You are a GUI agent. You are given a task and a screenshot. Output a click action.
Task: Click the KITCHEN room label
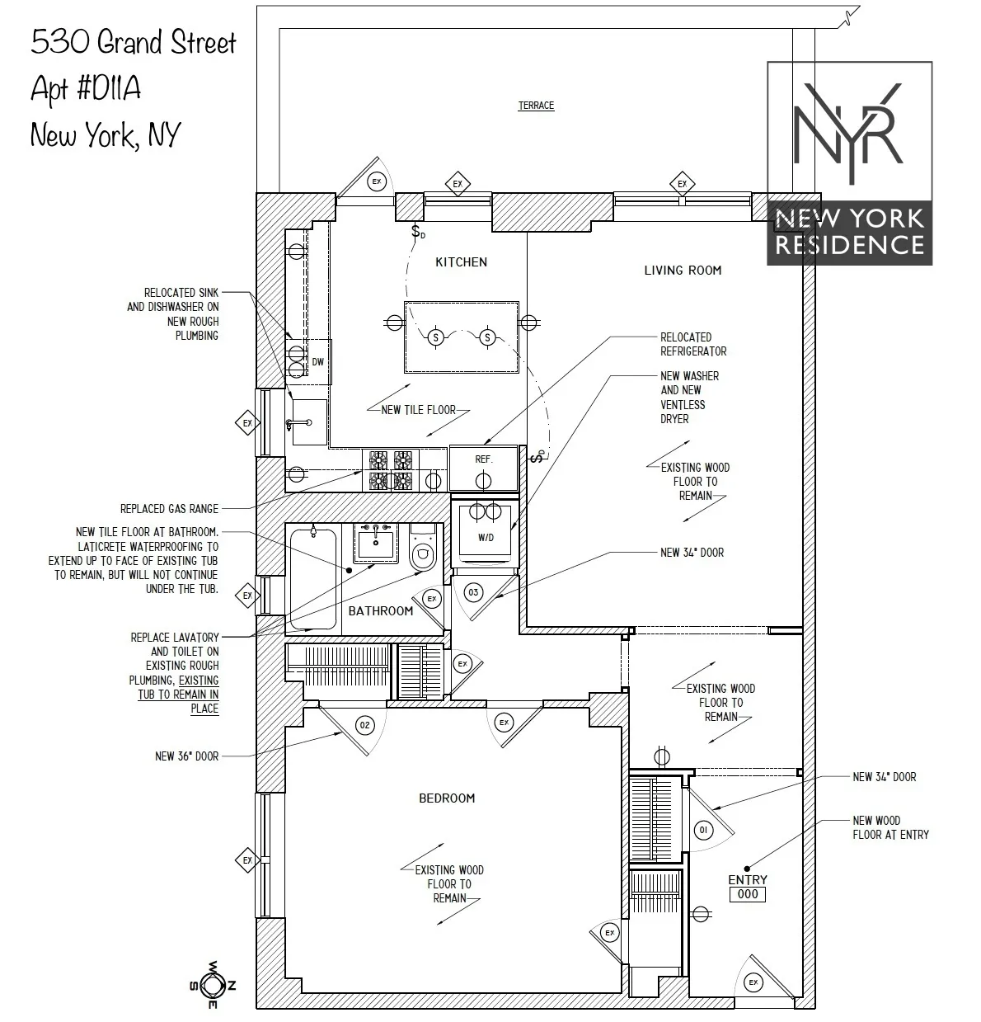[461, 262]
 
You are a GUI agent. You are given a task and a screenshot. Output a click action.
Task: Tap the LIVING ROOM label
[683, 270]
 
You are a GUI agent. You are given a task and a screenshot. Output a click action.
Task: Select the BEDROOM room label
[447, 798]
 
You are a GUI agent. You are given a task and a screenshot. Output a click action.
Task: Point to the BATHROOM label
[380, 611]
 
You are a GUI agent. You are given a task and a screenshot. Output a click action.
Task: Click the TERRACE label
[536, 106]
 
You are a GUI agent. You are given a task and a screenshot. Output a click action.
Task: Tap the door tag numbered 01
[703, 830]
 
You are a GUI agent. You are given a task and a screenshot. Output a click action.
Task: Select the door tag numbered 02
[364, 725]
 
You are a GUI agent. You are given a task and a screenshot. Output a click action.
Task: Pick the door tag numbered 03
[473, 592]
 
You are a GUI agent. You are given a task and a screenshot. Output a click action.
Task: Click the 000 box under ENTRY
[748, 895]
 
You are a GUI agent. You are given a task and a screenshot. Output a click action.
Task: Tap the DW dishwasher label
[317, 362]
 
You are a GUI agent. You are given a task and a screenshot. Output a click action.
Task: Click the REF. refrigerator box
[483, 459]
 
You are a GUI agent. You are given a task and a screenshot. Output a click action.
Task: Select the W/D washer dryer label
[486, 538]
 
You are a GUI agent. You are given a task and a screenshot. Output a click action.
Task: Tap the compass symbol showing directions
[213, 985]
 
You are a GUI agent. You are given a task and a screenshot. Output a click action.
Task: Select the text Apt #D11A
[86, 88]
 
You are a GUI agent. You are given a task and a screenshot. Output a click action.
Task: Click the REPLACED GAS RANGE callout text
[169, 509]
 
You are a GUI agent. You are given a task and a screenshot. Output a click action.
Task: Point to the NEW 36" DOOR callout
[186, 756]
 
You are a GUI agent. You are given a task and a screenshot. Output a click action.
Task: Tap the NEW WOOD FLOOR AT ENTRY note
[890, 827]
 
